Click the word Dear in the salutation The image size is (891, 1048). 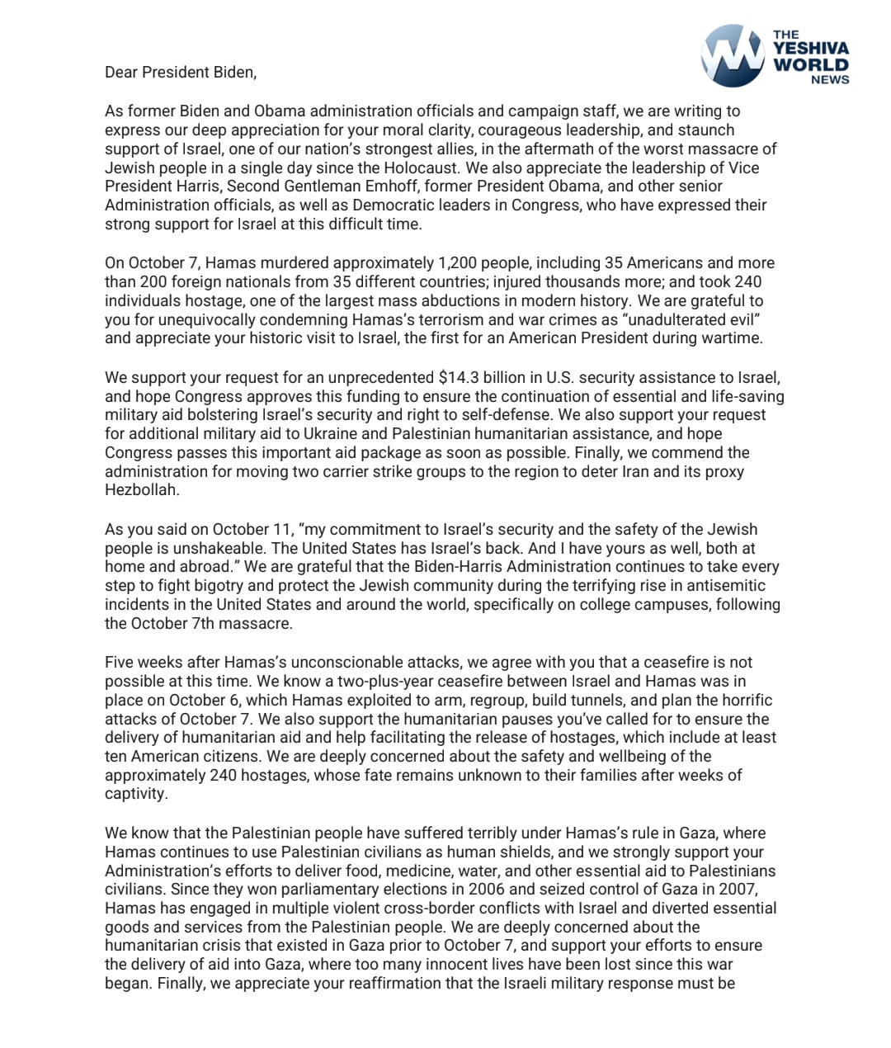121,73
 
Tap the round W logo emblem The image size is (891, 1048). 732,55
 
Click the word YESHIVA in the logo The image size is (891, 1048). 810,49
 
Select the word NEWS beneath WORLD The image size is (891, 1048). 829,80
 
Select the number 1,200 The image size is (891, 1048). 460,263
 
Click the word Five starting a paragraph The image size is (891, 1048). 120,663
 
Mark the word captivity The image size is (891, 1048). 135,794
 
